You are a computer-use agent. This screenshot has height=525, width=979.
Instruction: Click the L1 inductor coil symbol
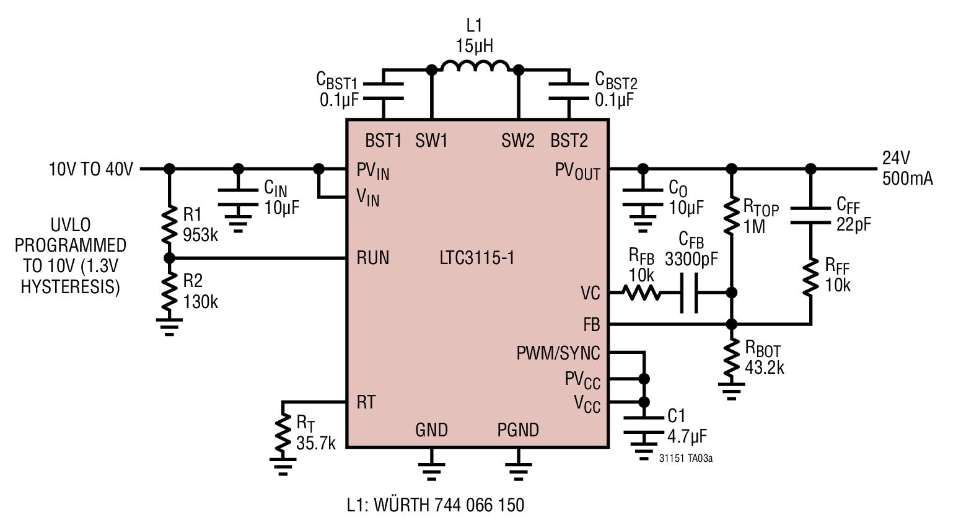(475, 66)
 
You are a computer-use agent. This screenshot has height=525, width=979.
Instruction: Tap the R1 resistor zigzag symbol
(169, 224)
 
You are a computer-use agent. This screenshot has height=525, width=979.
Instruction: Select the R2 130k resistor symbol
(169, 291)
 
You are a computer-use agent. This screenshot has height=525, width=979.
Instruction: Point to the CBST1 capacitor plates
(384, 91)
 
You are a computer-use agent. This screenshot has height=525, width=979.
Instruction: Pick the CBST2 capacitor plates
(569, 91)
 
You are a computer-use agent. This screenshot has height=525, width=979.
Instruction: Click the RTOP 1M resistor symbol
(731, 216)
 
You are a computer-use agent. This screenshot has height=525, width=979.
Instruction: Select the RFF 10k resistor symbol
(810, 276)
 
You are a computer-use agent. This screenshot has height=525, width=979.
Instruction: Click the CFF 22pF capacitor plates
(810, 216)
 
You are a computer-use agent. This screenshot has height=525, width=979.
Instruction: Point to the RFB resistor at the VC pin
(641, 292)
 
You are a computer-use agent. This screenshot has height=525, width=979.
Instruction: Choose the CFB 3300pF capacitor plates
(688, 293)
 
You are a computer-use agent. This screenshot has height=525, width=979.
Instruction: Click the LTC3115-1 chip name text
(477, 257)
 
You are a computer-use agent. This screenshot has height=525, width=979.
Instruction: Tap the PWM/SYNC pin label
(558, 353)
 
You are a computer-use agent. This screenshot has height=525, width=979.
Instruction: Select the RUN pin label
(373, 257)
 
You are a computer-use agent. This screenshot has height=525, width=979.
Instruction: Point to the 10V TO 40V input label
(90, 169)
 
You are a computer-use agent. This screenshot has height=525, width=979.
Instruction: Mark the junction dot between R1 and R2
(169, 258)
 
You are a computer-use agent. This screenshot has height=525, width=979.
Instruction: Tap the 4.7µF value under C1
(687, 436)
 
